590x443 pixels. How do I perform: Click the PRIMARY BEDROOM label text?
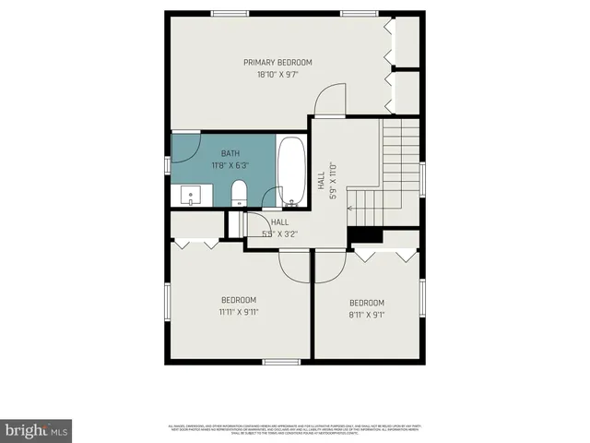(x=277, y=62)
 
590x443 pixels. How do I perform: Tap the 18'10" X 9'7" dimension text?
(x=277, y=74)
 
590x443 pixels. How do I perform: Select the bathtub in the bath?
(x=290, y=172)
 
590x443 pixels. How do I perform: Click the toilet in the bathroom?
(x=238, y=192)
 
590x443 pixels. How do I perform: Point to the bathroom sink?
(x=192, y=195)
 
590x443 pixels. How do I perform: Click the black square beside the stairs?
(x=366, y=235)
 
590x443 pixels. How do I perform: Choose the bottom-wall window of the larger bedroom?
(x=277, y=360)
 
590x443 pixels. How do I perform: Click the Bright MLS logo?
(x=36, y=429)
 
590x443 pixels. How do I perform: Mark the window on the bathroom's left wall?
(x=168, y=164)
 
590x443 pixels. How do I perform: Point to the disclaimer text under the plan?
(x=294, y=428)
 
